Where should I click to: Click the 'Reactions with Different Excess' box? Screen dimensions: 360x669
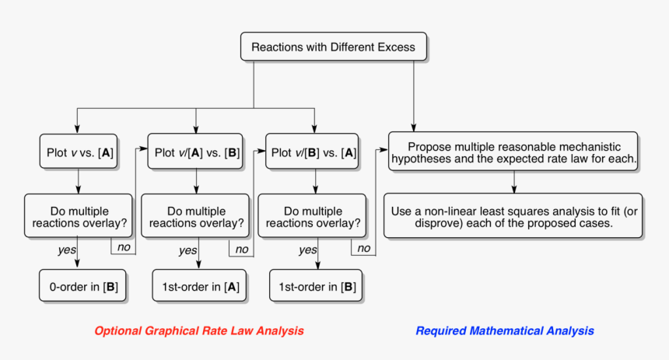tap(333, 47)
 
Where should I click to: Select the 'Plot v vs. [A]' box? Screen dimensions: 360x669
tap(78, 152)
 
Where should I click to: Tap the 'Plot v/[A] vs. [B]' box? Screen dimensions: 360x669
tap(196, 152)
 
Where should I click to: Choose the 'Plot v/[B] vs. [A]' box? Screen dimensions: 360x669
tap(313, 152)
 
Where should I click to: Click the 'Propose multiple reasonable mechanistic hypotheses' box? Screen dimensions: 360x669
tap(513, 152)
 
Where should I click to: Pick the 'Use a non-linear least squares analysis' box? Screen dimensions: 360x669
tap(513, 215)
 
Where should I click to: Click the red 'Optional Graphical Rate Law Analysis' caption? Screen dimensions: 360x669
tap(198, 330)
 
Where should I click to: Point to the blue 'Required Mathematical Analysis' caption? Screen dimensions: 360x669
tap(505, 330)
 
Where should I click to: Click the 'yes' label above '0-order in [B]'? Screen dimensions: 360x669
tap(67, 250)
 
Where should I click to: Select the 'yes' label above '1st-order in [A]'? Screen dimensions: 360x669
tap(187, 250)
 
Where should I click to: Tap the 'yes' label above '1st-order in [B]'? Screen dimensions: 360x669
tap(308, 250)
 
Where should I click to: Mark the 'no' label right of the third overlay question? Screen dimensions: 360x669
tap(362, 248)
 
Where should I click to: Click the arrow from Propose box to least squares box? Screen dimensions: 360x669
tap(513, 181)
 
